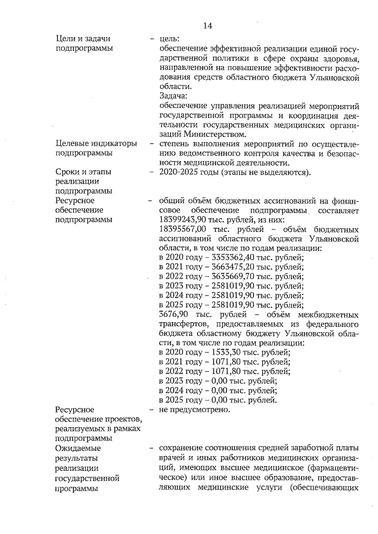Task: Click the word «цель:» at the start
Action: click(x=171, y=38)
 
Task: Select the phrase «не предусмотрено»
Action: click(x=194, y=409)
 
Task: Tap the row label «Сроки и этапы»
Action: click(x=83, y=172)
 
